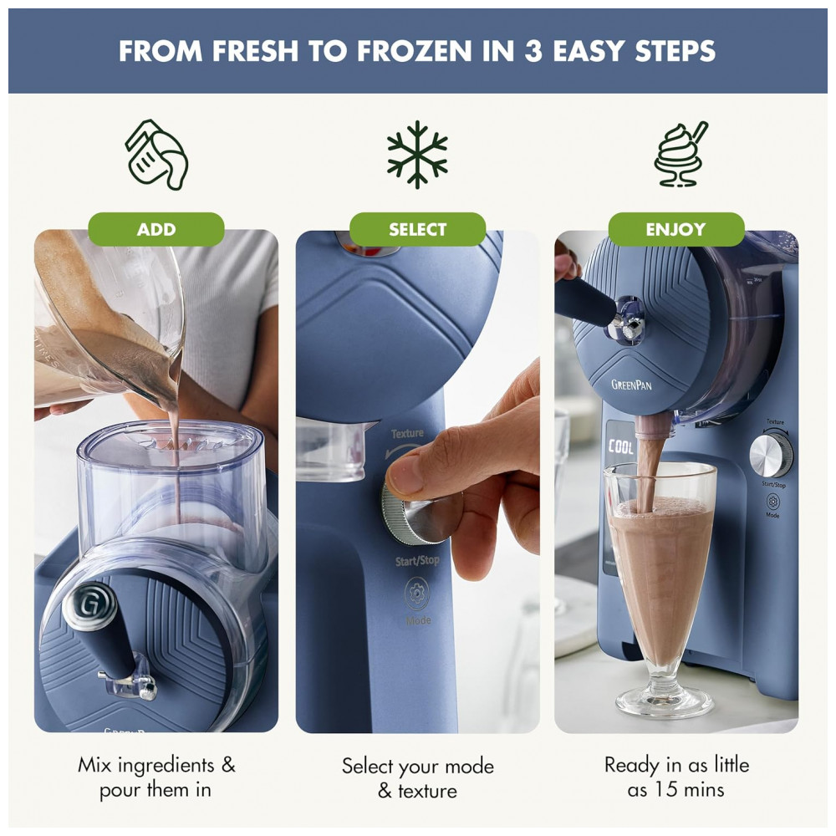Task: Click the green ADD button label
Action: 155,229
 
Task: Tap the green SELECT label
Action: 417,229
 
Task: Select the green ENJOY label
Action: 675,229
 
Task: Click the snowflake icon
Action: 417,155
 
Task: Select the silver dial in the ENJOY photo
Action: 770,455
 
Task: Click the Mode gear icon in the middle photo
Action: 417,594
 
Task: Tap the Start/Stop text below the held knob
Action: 417,560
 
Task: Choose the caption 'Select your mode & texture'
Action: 417,778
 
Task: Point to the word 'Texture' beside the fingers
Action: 407,434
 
